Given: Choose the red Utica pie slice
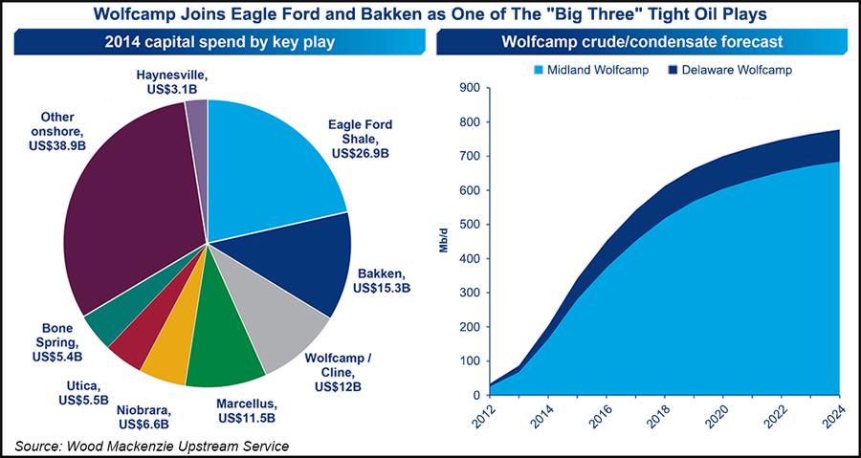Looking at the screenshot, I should [x=134, y=338].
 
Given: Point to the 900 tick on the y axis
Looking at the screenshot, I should [x=466, y=88].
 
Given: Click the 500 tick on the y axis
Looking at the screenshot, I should [x=466, y=225].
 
